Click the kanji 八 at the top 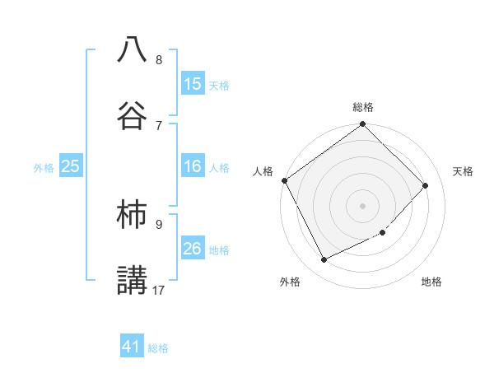132,49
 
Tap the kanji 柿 132,213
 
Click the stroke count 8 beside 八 159,60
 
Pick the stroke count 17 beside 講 159,290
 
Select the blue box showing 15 193,84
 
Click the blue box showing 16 193,166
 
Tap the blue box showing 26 193,249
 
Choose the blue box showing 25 71,166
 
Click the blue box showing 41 132,347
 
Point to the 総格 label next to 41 158,348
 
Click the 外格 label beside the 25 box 44,168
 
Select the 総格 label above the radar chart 363,107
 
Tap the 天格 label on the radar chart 463,171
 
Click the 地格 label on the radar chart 431,282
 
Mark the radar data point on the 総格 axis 363,125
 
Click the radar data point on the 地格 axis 382,233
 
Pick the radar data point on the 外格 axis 324,260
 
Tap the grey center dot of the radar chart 363,206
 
